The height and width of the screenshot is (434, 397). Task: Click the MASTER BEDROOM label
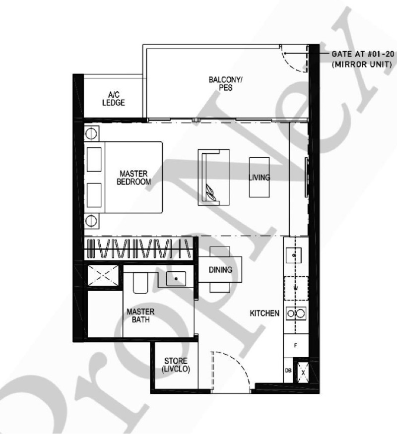pyautogui.click(x=133, y=178)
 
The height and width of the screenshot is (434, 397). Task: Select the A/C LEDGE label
pyautogui.click(x=114, y=99)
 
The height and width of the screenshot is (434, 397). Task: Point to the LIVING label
pyautogui.click(x=260, y=178)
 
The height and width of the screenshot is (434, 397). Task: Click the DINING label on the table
pyautogui.click(x=220, y=270)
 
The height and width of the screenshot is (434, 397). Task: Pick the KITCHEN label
pyautogui.click(x=265, y=313)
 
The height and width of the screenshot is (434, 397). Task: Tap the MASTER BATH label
pyautogui.click(x=140, y=316)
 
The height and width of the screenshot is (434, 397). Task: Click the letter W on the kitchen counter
pyautogui.click(x=296, y=287)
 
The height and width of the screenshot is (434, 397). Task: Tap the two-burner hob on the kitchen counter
pyautogui.click(x=296, y=313)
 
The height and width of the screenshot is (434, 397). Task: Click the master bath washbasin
pyautogui.click(x=176, y=279)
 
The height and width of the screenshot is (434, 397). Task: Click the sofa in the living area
pyautogui.click(x=213, y=177)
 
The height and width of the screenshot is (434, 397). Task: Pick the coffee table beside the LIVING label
pyautogui.click(x=259, y=177)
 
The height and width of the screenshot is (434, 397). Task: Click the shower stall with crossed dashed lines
pyautogui.click(x=103, y=276)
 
